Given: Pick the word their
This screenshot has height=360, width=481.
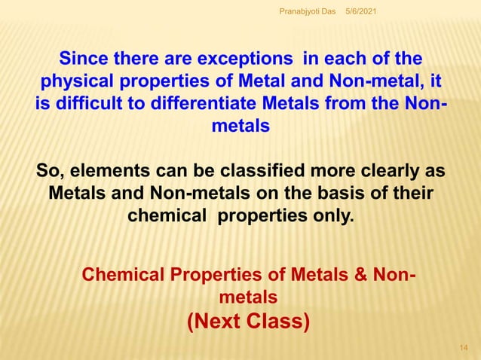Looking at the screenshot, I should coord(412,194).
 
